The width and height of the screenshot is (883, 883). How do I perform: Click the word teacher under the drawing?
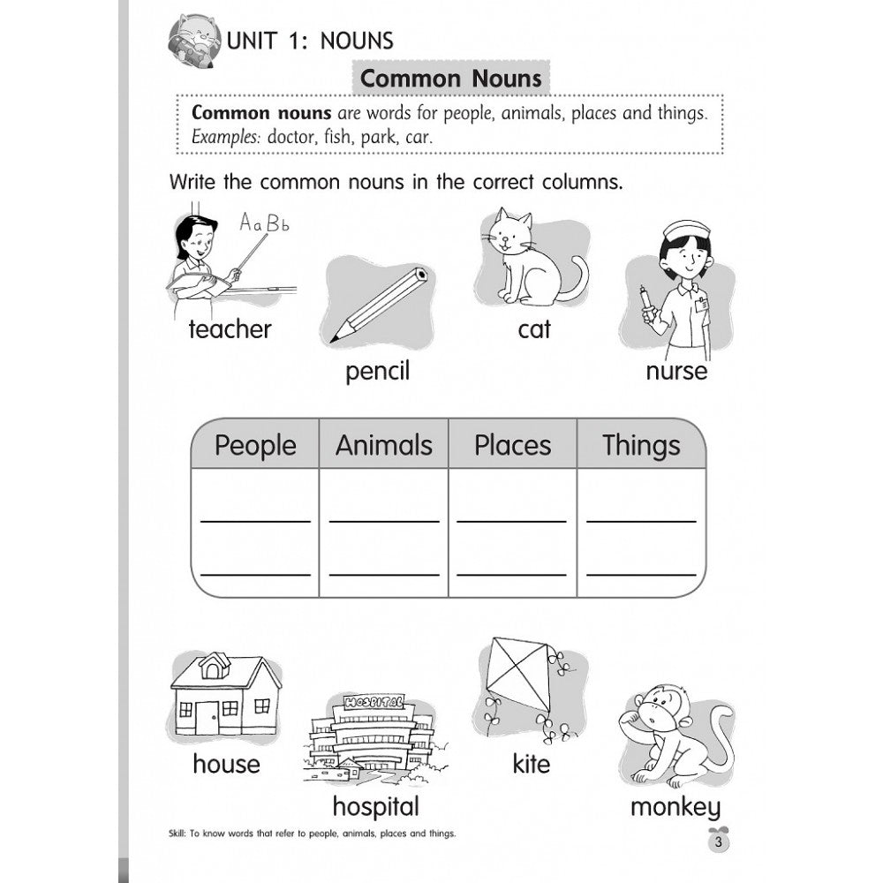(x=230, y=329)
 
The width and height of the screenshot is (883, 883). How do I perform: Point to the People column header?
(x=255, y=445)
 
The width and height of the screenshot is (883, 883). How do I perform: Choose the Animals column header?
(x=384, y=445)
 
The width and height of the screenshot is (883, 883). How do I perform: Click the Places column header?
(x=512, y=445)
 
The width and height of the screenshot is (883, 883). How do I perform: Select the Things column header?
(x=641, y=445)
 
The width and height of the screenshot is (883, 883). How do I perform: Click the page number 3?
(x=720, y=842)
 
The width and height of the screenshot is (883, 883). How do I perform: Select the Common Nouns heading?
(x=451, y=79)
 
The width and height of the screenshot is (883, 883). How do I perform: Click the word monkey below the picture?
(x=675, y=805)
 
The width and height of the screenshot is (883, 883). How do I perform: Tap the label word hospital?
(x=375, y=805)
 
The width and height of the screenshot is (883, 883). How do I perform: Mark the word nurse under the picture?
(x=676, y=370)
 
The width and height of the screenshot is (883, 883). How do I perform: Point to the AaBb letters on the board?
(x=265, y=223)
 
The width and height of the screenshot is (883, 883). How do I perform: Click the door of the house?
(x=208, y=717)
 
